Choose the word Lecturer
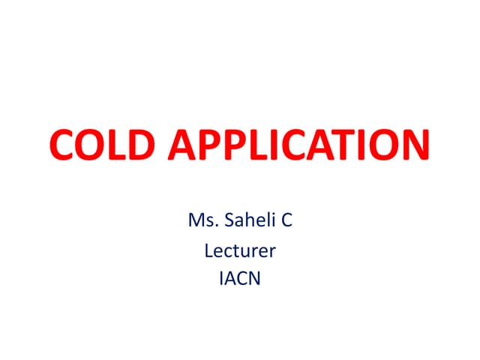click(x=240, y=250)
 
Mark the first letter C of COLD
click(x=62, y=146)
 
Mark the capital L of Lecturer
click(x=208, y=250)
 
